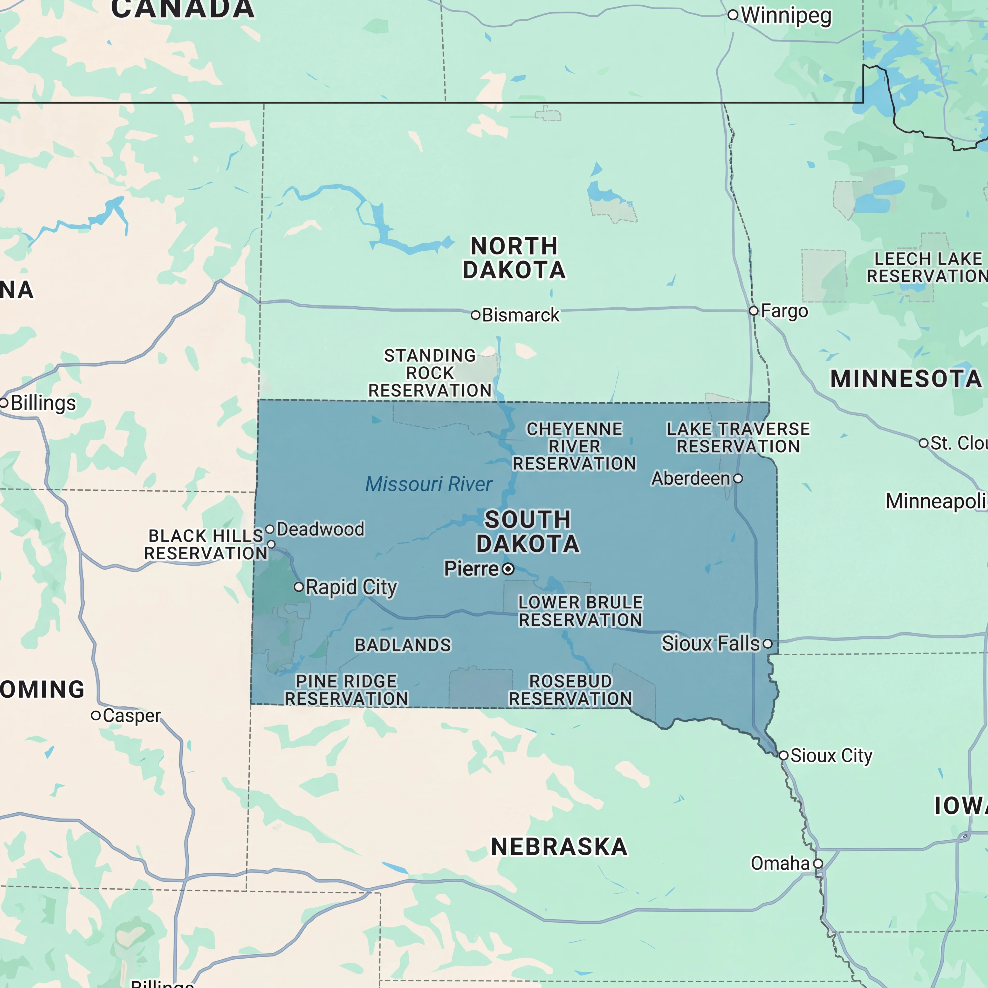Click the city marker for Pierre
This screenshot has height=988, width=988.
click(508, 569)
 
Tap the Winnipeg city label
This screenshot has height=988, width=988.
click(786, 15)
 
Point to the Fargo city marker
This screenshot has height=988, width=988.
click(753, 310)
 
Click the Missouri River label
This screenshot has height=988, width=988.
click(429, 484)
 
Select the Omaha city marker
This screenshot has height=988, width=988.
click(818, 863)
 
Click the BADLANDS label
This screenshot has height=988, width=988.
click(403, 645)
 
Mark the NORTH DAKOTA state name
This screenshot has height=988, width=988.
click(514, 258)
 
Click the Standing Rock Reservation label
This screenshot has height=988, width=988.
click(430, 373)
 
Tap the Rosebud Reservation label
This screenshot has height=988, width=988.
click(570, 690)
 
